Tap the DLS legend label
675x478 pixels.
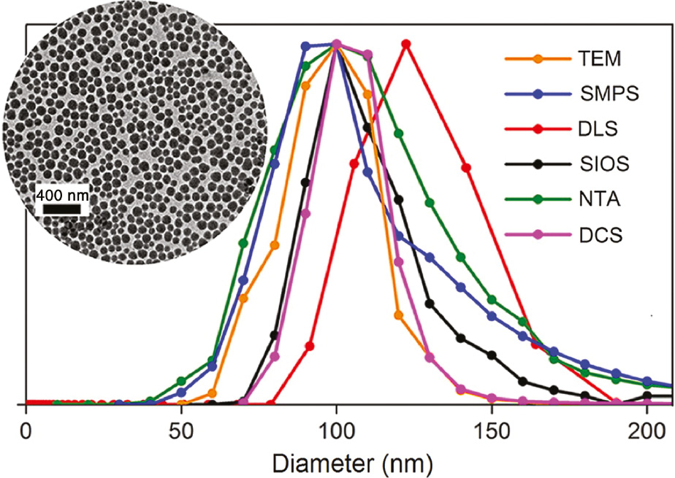pyautogui.click(x=594, y=129)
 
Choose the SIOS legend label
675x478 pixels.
pyautogui.click(x=600, y=164)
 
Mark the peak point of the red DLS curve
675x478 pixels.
pyautogui.click(x=406, y=45)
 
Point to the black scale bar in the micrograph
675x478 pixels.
pyautogui.click(x=61, y=209)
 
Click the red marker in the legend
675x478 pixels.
pyautogui.click(x=538, y=129)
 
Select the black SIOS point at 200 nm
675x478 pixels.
pyautogui.click(x=647, y=396)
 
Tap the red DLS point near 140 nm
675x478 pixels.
pyautogui.click(x=465, y=168)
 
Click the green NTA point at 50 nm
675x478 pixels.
pyautogui.click(x=181, y=381)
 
